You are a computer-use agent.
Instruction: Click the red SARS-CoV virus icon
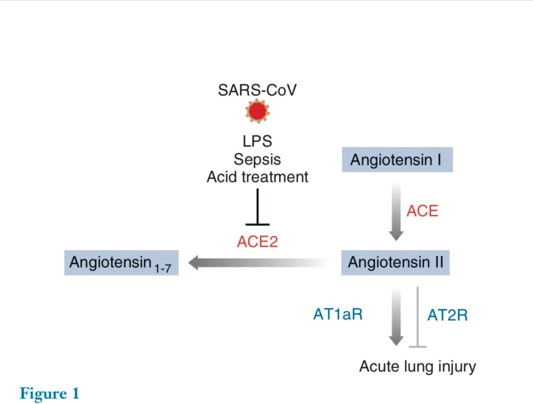pos(258,111)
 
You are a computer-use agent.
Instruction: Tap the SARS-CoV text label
pos(257,90)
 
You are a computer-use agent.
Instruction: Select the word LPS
pos(257,141)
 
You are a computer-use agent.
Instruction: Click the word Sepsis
pos(257,159)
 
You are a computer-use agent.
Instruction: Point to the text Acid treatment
pos(257,177)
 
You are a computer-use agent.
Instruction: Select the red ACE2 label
pos(257,242)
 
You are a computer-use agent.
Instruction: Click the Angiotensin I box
pos(397,159)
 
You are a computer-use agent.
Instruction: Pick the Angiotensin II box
pos(395,262)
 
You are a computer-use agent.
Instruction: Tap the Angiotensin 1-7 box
pos(121,262)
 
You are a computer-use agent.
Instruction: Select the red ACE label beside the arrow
pos(422,211)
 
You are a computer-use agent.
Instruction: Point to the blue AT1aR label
pos(338,314)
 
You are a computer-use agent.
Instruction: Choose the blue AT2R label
pos(447,315)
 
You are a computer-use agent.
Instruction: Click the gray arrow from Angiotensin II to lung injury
pos(397,315)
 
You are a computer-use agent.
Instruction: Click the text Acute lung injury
pos(417,367)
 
